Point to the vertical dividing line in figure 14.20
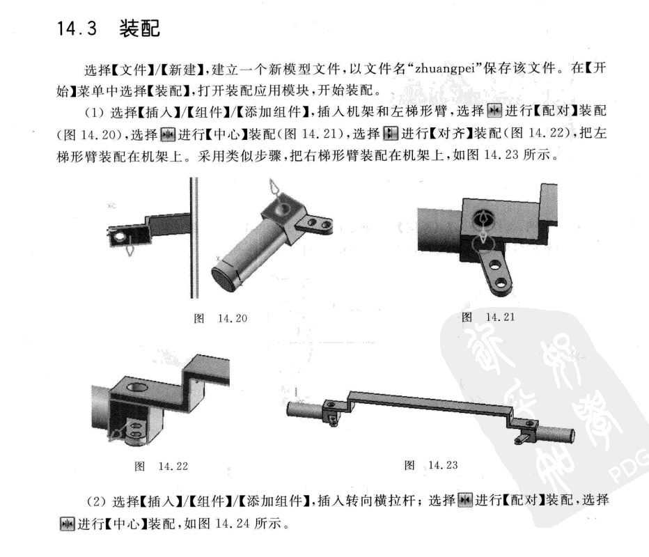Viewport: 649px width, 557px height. pyautogui.click(x=194, y=237)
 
